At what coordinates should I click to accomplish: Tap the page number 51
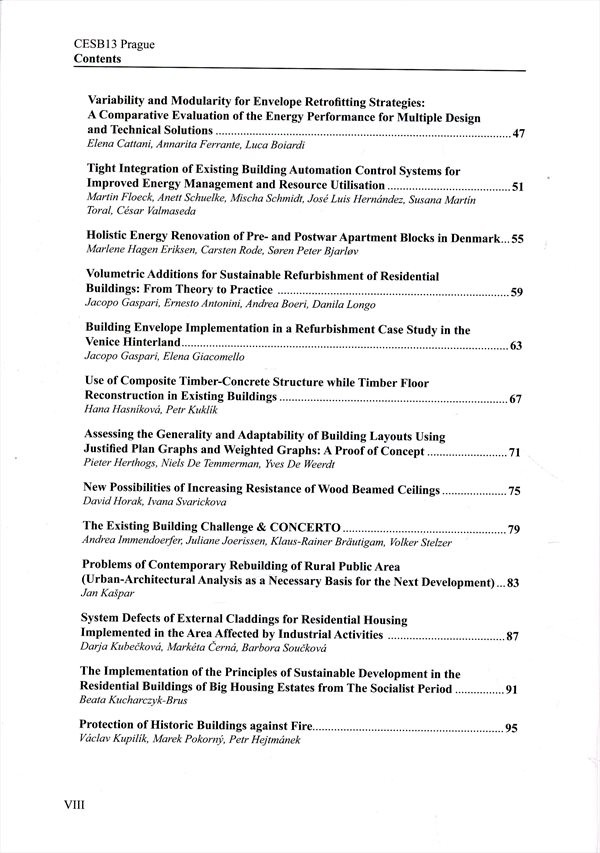pyautogui.click(x=518, y=187)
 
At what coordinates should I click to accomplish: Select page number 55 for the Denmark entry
pyautogui.click(x=518, y=240)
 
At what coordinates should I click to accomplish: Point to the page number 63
pyautogui.click(x=517, y=346)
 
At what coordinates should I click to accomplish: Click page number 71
pyautogui.click(x=516, y=453)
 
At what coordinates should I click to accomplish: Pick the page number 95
pyautogui.click(x=511, y=728)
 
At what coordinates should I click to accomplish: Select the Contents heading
pyautogui.click(x=97, y=59)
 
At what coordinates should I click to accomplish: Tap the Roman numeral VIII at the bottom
pyautogui.click(x=78, y=803)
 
